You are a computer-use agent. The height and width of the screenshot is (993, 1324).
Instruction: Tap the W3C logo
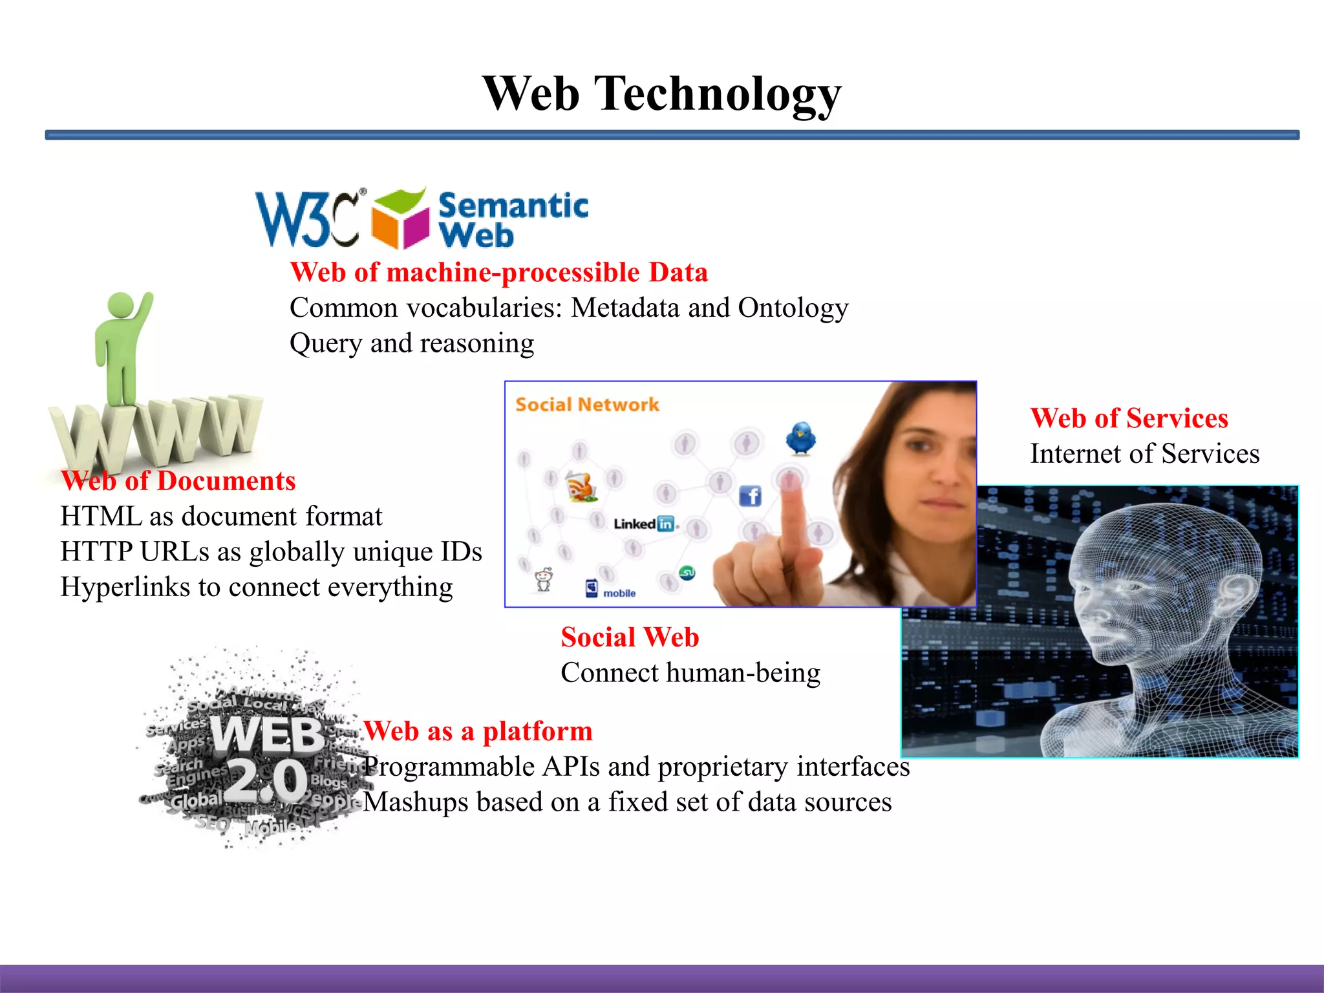(309, 219)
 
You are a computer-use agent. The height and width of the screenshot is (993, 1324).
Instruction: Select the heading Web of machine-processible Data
(498, 272)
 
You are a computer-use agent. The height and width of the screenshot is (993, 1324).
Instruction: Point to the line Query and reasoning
(412, 343)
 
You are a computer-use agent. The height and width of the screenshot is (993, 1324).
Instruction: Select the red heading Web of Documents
(178, 481)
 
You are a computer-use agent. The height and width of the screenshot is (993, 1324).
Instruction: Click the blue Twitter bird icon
(801, 438)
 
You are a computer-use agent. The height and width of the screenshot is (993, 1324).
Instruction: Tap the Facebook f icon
(750, 496)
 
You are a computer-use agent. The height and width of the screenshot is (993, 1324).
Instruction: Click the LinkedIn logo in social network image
(645, 524)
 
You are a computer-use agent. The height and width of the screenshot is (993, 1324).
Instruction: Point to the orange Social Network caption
(587, 405)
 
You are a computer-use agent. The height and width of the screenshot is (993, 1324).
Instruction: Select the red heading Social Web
(630, 637)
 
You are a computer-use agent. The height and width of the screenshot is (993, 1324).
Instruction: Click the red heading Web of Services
(1129, 418)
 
